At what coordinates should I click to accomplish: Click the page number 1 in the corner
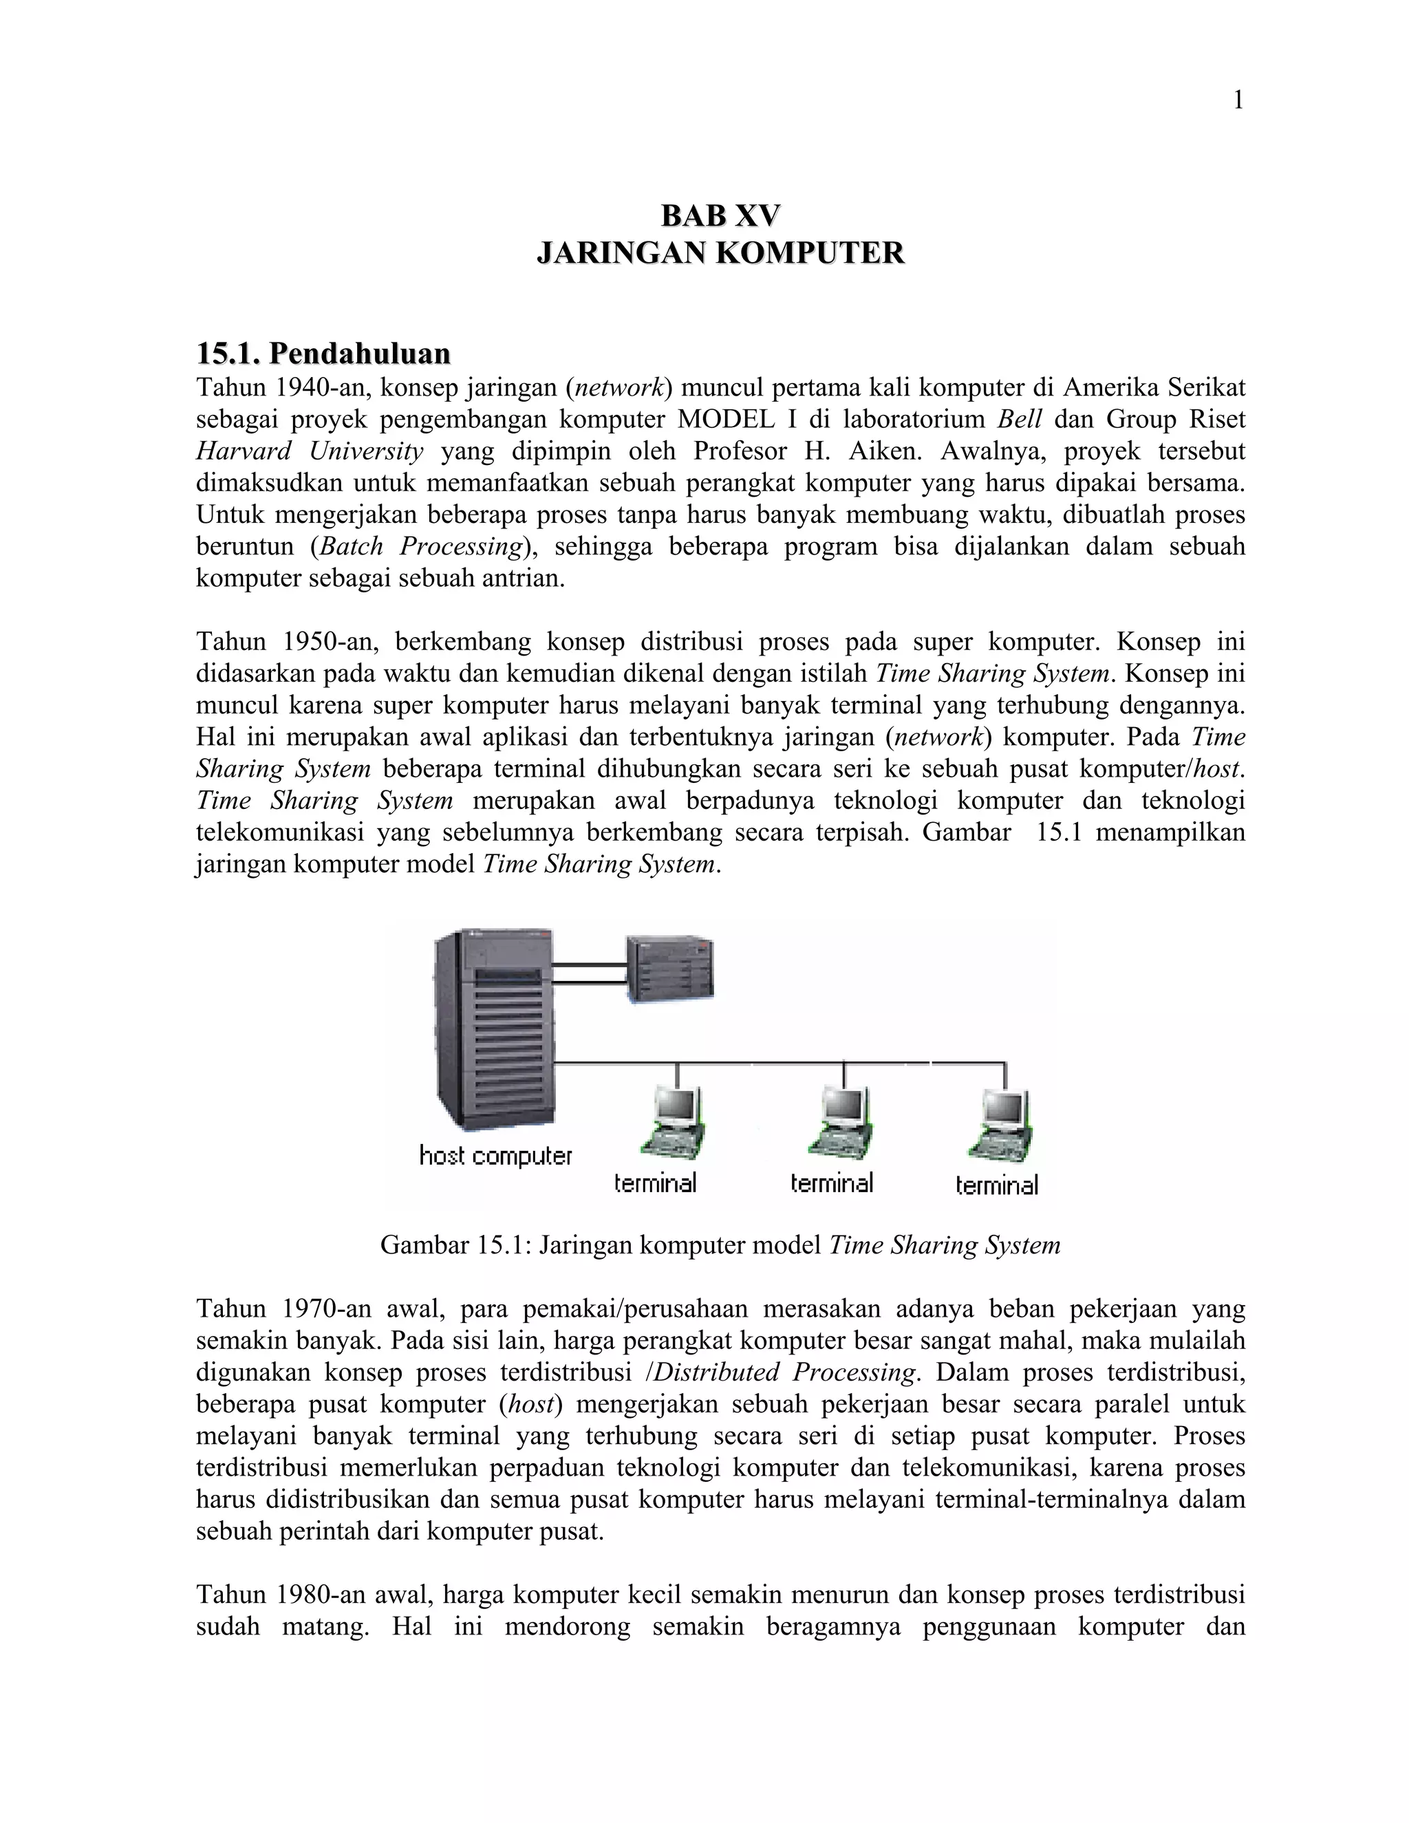click(1238, 101)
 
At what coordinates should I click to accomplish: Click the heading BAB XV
click(720, 215)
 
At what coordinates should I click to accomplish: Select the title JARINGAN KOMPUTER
click(720, 253)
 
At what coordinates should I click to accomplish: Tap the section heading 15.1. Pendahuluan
click(323, 353)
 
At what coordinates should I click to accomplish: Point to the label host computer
click(496, 1156)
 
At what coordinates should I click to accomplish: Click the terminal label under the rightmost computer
click(997, 1185)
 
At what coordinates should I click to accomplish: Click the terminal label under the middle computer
click(831, 1183)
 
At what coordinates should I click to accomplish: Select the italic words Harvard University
click(310, 451)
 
